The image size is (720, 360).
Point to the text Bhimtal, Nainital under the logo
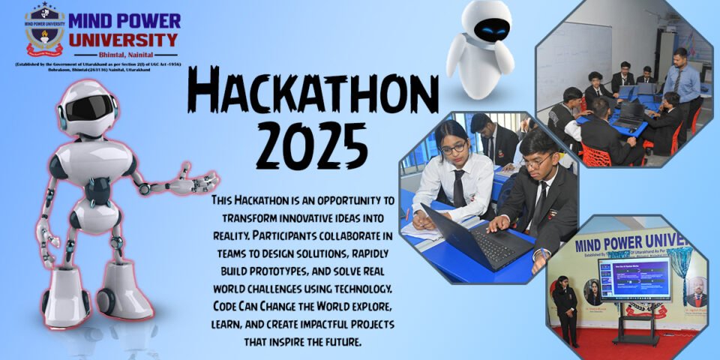point(128,55)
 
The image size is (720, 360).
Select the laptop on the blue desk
point(476,236)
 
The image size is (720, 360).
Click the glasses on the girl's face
point(452,148)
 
